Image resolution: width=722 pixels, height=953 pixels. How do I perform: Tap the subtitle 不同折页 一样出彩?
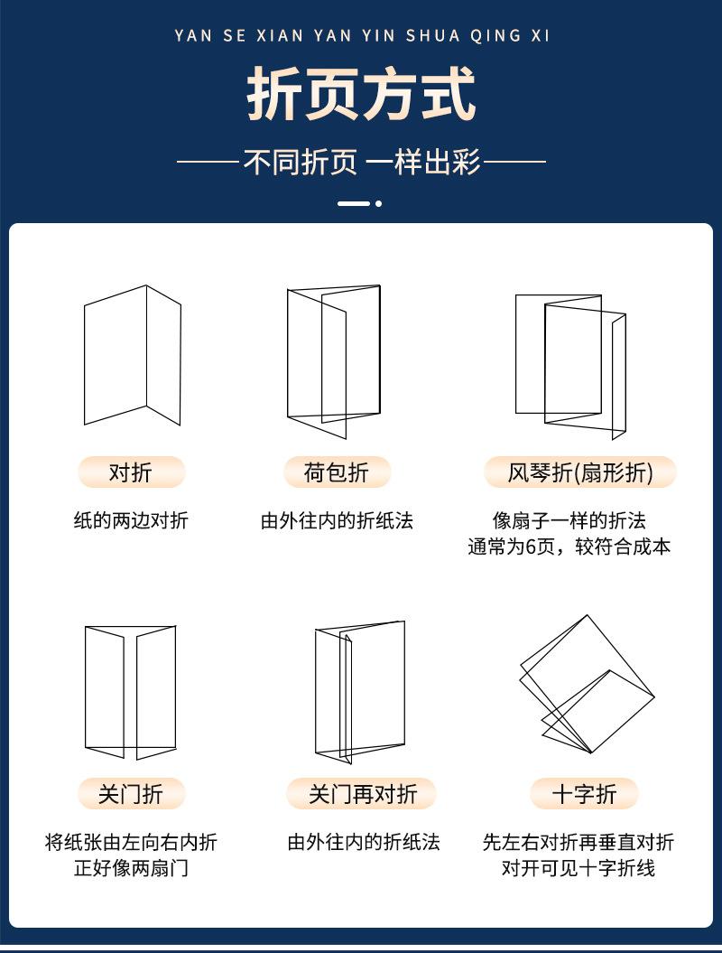click(361, 164)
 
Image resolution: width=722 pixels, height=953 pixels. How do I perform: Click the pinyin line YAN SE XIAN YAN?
click(361, 36)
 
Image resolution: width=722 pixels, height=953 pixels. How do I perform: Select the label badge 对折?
click(131, 472)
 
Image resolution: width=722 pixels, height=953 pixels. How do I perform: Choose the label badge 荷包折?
click(336, 472)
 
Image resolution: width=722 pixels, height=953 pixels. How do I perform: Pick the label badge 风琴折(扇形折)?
click(579, 472)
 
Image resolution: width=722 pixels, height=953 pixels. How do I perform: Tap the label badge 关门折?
click(131, 794)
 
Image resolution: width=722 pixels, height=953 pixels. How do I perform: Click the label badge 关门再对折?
click(362, 794)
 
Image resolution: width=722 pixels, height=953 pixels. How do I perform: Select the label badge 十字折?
click(584, 794)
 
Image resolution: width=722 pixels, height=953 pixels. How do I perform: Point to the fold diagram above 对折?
click(133, 355)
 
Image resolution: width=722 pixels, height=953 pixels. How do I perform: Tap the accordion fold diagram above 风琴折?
click(570, 364)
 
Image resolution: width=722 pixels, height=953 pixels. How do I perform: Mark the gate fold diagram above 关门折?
click(131, 692)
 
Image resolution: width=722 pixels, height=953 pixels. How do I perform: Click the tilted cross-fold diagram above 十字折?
click(586, 684)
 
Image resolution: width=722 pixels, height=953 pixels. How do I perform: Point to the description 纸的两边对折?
click(131, 521)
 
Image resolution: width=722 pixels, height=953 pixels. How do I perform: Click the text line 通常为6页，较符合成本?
click(569, 547)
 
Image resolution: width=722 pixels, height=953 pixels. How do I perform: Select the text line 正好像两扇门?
click(131, 869)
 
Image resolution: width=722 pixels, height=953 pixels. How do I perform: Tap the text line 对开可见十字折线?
click(579, 869)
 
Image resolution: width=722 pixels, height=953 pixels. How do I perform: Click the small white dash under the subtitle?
click(354, 204)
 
